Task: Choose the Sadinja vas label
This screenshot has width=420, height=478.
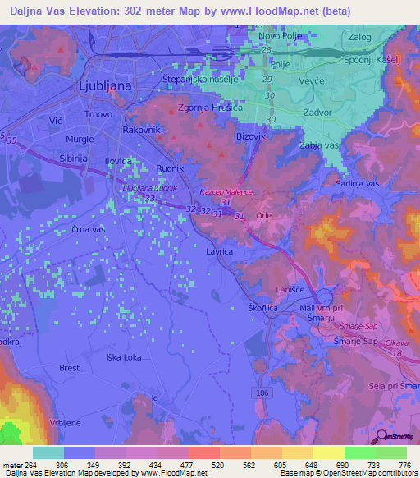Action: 359,184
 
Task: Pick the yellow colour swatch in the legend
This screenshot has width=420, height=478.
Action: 328,453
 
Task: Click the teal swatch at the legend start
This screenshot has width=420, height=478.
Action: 48,453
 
